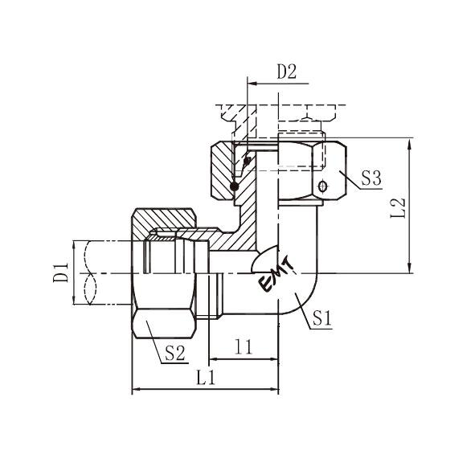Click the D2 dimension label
coord(287,72)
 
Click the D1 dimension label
coord(61,272)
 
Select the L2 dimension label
coord(398,208)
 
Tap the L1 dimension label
coord(206,378)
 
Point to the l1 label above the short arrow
coord(244,347)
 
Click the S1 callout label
coord(322,317)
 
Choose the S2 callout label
coord(174,353)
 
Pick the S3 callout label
coord(371,178)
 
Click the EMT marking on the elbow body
coord(276,275)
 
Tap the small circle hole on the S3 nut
coord(323,186)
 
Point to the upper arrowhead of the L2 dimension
coord(410,144)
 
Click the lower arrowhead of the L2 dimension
coord(410,268)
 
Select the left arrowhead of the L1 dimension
coord(137,389)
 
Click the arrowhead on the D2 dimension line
coord(252,83)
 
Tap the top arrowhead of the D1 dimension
coord(74,246)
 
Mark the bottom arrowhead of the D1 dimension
coord(74,299)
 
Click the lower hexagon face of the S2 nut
coord(164,324)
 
